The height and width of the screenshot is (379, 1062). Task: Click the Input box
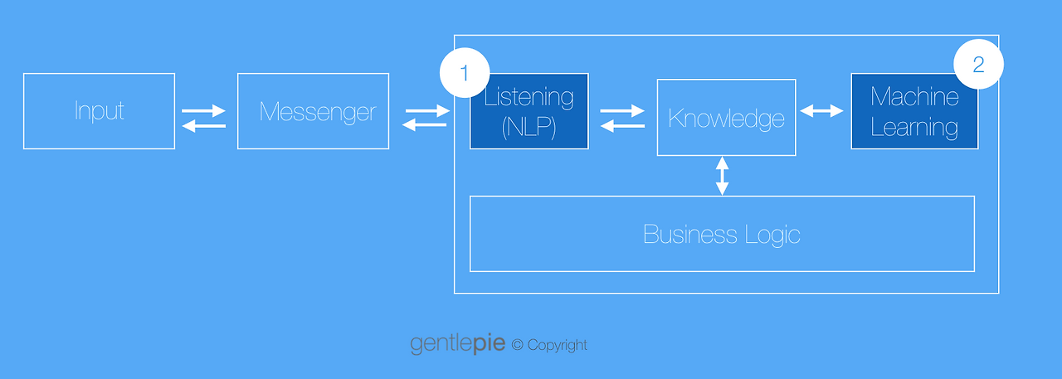point(99,111)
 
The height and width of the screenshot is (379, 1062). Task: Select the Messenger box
point(313,111)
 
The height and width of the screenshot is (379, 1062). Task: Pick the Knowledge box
point(726,118)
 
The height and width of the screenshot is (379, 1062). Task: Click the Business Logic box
point(722,234)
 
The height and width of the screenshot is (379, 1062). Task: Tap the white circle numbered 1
point(465,72)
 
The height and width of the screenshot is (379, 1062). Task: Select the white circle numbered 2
point(978,64)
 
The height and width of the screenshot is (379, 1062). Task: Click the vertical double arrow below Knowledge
point(722,176)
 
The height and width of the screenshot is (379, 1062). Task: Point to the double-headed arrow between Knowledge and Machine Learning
point(821,111)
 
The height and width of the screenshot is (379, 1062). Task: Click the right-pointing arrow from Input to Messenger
point(203,111)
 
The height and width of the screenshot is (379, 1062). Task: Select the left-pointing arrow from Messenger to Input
point(204,125)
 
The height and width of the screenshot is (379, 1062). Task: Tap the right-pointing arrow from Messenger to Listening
point(427,111)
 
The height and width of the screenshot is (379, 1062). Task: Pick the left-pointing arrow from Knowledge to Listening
point(622,125)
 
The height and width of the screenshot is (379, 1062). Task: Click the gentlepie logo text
point(457,343)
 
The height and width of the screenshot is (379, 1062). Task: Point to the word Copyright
point(557,345)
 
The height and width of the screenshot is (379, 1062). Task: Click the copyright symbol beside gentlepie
point(517,345)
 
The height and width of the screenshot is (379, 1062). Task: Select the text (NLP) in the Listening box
point(529,127)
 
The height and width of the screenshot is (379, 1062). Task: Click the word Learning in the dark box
point(914,128)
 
